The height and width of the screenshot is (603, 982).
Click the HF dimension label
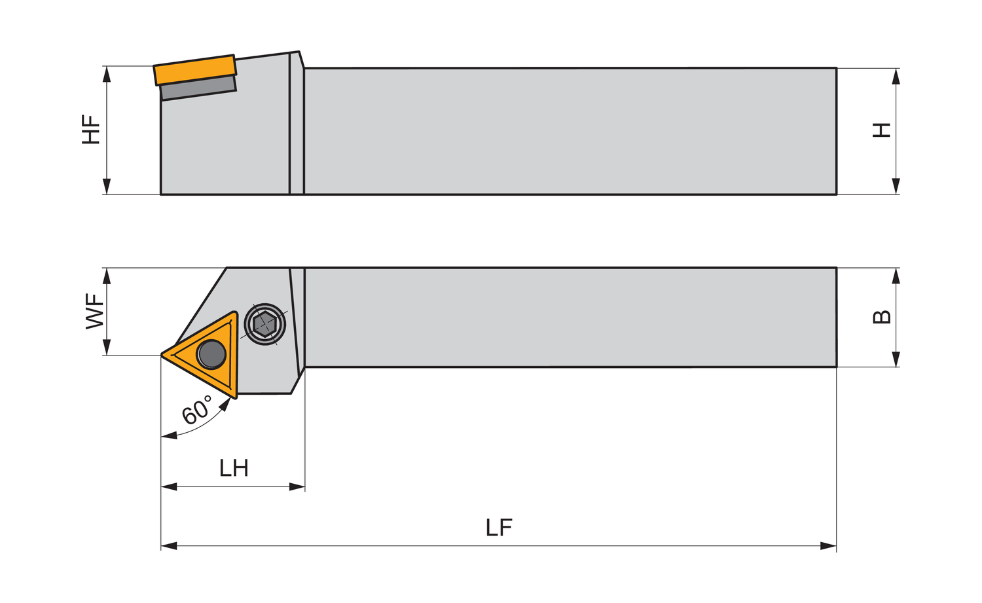tap(91, 130)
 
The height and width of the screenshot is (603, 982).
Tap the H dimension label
tap(881, 130)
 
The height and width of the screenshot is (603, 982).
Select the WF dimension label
tap(95, 311)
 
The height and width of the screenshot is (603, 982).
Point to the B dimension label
tap(882, 317)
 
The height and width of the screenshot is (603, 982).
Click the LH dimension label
tap(234, 468)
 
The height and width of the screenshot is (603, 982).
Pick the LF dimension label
tap(499, 528)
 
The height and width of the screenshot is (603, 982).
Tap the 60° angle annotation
tap(197, 410)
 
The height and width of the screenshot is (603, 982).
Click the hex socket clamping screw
tap(264, 325)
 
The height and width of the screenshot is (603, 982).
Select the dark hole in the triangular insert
tap(211, 354)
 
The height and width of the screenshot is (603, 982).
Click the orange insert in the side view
tap(195, 70)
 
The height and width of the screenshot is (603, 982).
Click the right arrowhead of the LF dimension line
tap(828, 546)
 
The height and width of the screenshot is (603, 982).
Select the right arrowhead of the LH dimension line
tap(297, 486)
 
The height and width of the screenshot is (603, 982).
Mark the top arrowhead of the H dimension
tap(896, 77)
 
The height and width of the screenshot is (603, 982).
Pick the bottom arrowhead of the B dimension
tap(896, 359)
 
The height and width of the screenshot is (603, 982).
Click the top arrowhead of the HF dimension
tap(107, 75)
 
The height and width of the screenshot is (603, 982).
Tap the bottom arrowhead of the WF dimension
tap(107, 347)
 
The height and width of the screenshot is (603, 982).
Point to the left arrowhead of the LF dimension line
tap(169, 546)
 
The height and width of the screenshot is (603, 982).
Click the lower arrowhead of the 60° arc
tap(169, 435)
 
